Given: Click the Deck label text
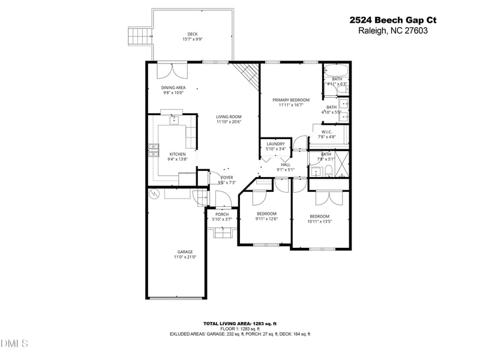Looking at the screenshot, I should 193,34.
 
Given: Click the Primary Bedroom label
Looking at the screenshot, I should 291,100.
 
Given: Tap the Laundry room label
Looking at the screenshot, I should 275,144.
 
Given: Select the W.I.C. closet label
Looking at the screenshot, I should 327,132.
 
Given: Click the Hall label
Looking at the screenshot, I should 286,164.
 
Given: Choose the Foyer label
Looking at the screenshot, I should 227,178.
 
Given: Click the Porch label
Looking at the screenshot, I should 222,214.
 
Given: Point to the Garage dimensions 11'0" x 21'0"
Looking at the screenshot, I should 185,257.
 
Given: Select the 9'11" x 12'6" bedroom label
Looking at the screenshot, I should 266,219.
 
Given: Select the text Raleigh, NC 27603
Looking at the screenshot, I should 393,31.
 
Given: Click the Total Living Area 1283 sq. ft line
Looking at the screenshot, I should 239,323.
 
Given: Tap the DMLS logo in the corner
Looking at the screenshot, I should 15,344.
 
